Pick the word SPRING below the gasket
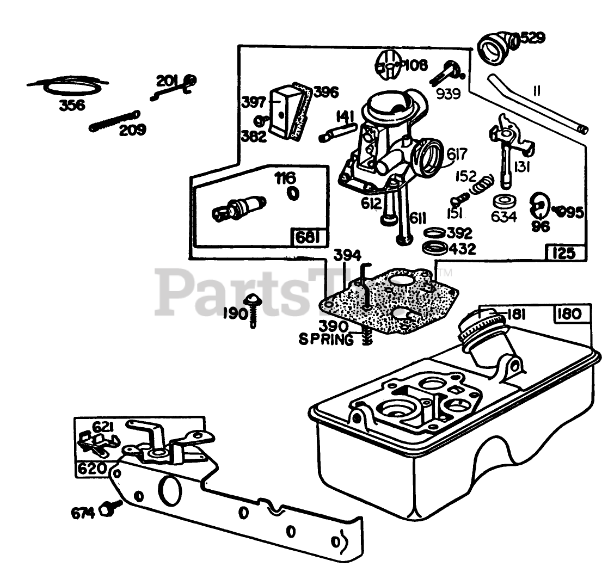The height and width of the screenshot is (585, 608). [x=326, y=340]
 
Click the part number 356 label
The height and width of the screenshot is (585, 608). [x=72, y=104]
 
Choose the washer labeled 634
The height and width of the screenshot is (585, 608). [x=503, y=200]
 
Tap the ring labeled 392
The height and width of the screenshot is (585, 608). [x=433, y=233]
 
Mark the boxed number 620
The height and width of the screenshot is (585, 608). [x=90, y=469]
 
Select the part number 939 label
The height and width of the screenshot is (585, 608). [x=448, y=94]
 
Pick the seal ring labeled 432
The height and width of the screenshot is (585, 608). [x=435, y=249]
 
